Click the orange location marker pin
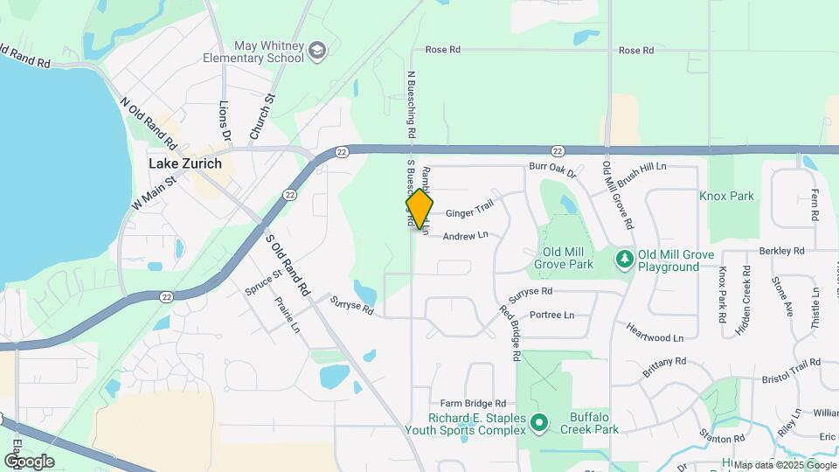(419, 209)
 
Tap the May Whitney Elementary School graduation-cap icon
(317, 51)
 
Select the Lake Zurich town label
(185, 163)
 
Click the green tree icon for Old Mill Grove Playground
(624, 259)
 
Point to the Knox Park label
(727, 196)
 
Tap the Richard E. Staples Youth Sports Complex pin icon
(539, 424)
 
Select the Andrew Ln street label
(464, 236)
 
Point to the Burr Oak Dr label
(553, 168)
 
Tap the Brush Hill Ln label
(641, 166)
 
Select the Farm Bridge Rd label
(474, 404)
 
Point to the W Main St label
(154, 193)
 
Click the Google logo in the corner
(29, 461)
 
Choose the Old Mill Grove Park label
(564, 258)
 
